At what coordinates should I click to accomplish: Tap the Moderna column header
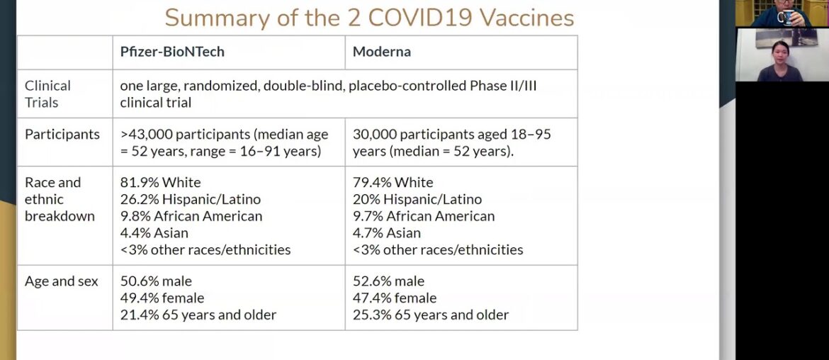pyautogui.click(x=382, y=52)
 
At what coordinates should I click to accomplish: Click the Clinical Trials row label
pyautogui.click(x=47, y=94)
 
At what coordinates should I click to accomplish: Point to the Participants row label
pyautogui.click(x=62, y=134)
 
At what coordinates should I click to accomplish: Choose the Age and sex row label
pyautogui.click(x=62, y=281)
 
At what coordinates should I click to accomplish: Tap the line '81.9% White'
pyautogui.click(x=160, y=182)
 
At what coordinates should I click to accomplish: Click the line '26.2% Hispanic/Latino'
pyautogui.click(x=190, y=199)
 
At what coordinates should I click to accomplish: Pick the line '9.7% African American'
pyautogui.click(x=424, y=216)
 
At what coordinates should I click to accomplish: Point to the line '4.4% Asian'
pyautogui.click(x=154, y=232)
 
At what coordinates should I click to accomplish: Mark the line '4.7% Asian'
pyautogui.click(x=386, y=232)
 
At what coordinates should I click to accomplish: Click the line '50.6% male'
pyautogui.click(x=156, y=281)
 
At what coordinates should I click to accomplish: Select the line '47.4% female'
pyautogui.click(x=394, y=298)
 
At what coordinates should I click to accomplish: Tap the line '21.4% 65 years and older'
pyautogui.click(x=198, y=315)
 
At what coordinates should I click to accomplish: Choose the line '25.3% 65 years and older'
pyautogui.click(x=430, y=315)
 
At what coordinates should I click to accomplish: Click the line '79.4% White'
pyautogui.click(x=393, y=182)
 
